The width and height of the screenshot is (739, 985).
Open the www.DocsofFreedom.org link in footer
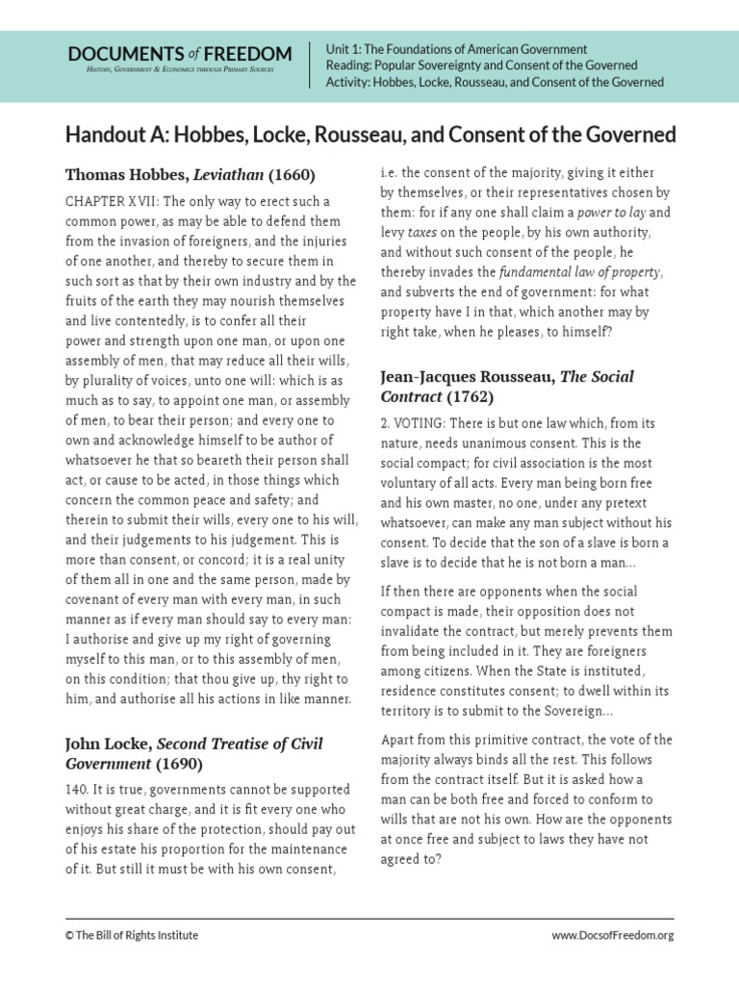(612, 934)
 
